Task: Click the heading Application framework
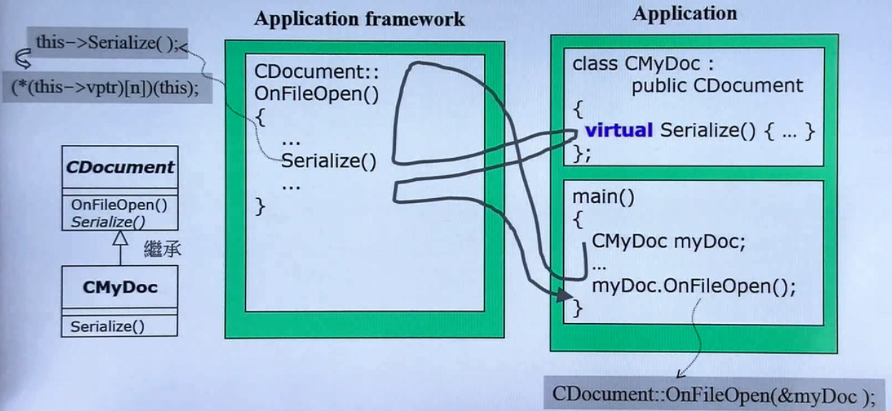click(359, 19)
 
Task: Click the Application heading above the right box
click(684, 14)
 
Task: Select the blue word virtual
click(619, 130)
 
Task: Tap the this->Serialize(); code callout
click(105, 44)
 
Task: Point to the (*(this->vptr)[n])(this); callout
click(105, 86)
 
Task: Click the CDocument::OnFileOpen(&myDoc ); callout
click(713, 394)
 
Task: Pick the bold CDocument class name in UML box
click(120, 167)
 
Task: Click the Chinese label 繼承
click(162, 249)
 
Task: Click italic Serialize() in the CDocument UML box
click(114, 221)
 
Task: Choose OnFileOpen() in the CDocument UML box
click(119, 205)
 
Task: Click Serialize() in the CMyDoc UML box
click(107, 327)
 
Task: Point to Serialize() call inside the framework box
click(328, 161)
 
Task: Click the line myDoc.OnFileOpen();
click(693, 287)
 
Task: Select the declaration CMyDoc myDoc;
click(668, 242)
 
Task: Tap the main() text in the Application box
click(603, 196)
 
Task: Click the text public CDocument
click(717, 86)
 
